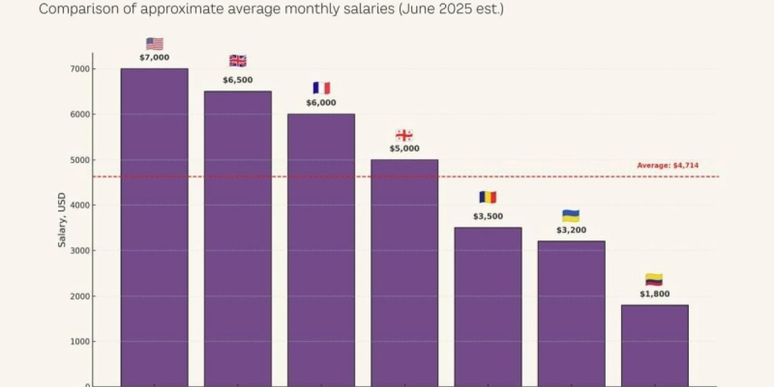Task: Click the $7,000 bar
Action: tap(154, 226)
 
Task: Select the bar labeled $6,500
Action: tap(237, 239)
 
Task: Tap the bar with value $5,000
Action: tap(404, 271)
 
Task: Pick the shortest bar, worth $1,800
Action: tap(654, 345)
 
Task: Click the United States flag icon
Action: tap(154, 44)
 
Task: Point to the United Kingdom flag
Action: tap(237, 61)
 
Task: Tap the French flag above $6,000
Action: tap(321, 88)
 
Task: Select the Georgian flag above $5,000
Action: tap(404, 135)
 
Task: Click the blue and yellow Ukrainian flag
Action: tap(571, 216)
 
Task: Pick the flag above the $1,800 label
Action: tap(654, 280)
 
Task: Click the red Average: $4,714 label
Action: tap(668, 166)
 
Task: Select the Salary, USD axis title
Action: tap(63, 223)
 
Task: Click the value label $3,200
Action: tap(571, 230)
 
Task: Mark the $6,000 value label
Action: tap(321, 103)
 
